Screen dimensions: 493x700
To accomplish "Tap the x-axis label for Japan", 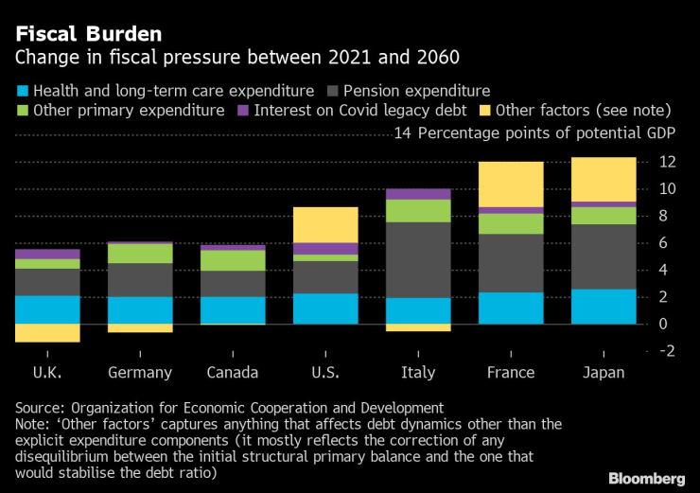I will [604, 373].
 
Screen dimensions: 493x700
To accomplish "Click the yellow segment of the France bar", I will [510, 185].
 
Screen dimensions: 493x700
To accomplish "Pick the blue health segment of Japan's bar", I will [603, 307].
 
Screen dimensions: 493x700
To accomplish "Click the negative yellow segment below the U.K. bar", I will [47, 333].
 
